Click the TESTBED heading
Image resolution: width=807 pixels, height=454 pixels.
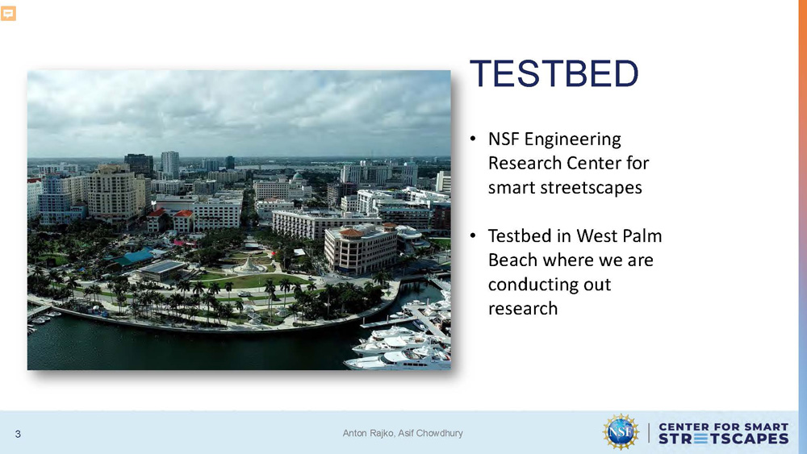coord(554,73)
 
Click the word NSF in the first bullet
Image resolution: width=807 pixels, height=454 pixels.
coord(504,139)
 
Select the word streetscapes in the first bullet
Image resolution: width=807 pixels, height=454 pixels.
coord(565,188)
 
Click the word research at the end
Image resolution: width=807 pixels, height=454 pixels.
coord(523,309)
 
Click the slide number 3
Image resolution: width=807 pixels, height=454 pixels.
coord(18,435)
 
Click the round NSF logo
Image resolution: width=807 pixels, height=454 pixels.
coord(621,432)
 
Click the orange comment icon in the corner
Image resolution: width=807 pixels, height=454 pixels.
coord(8,14)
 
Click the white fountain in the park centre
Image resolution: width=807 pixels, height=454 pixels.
coord(249,265)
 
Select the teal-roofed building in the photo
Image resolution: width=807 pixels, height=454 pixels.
coord(135,256)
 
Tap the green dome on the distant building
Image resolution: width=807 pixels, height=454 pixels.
coord(298,177)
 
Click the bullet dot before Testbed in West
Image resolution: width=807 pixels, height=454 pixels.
coord(473,236)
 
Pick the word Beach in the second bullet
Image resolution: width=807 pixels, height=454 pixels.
coord(512,260)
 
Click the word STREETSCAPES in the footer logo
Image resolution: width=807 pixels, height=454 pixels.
coord(723,439)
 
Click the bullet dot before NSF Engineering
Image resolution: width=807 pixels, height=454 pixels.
coord(473,139)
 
